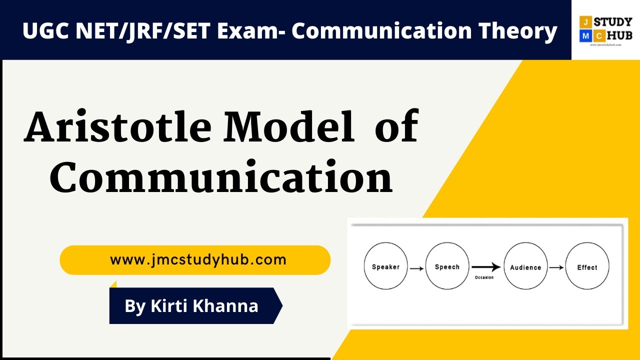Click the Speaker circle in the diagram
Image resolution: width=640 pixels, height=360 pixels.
(x=385, y=266)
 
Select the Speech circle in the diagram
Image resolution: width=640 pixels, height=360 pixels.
(x=447, y=266)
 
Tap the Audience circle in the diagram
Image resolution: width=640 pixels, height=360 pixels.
(x=525, y=266)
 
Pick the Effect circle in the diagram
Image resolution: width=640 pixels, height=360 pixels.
(x=587, y=266)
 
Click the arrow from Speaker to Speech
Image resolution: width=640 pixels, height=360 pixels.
(x=416, y=268)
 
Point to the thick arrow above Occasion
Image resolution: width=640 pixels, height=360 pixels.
(x=485, y=267)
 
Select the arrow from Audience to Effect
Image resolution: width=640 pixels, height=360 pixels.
(x=556, y=267)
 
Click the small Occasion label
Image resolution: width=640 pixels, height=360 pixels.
(x=483, y=277)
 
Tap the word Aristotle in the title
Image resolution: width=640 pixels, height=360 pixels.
(x=118, y=126)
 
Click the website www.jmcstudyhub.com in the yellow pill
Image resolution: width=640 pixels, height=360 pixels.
(x=198, y=260)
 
